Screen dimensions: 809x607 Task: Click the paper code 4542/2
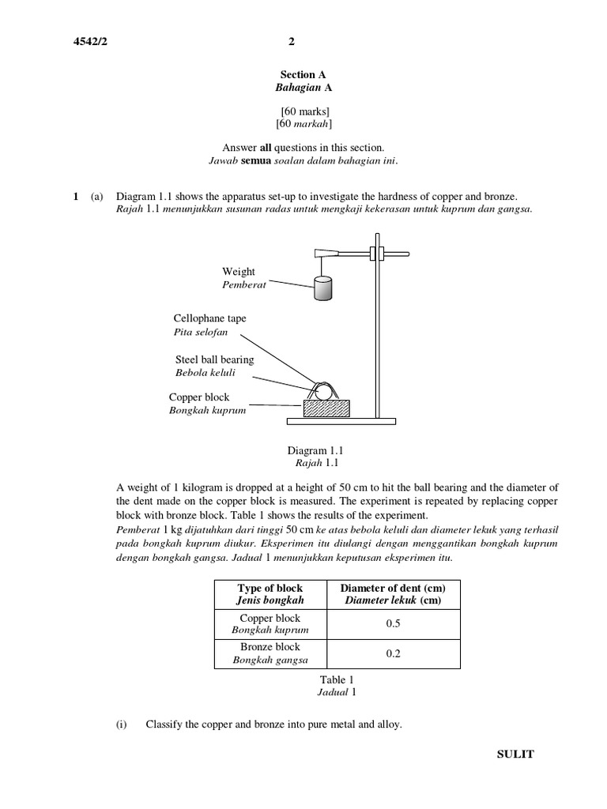tap(89, 42)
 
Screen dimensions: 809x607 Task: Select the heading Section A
tap(297, 74)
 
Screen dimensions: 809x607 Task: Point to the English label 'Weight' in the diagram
tap(239, 272)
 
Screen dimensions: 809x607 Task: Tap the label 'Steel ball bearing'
tap(214, 359)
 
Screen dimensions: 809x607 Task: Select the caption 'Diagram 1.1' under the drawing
tap(314, 450)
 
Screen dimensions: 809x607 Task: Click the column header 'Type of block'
tap(270, 589)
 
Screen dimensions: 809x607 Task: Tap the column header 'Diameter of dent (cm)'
tap(393, 589)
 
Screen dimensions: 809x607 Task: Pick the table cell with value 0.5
tap(393, 623)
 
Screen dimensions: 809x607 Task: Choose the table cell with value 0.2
tap(393, 653)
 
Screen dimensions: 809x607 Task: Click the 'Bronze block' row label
tap(270, 647)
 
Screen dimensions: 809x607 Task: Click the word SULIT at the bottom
tap(515, 754)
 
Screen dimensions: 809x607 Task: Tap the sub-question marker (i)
tap(123, 724)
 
